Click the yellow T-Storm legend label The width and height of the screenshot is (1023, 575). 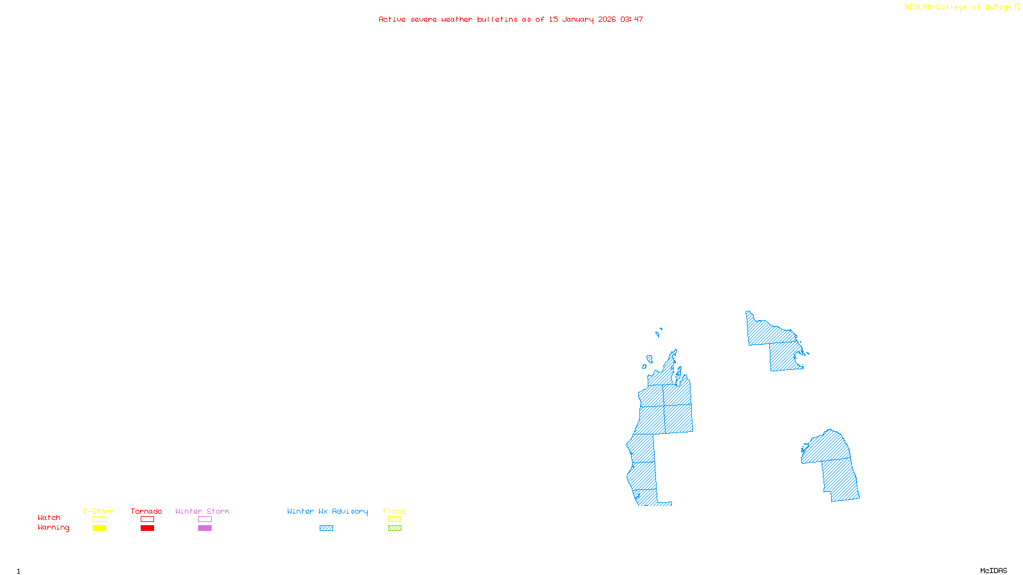[98, 511]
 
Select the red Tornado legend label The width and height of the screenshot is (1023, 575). [146, 511]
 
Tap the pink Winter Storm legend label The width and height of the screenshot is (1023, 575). [202, 511]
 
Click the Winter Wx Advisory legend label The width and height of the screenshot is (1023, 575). [327, 511]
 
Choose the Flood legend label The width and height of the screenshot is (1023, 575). [394, 511]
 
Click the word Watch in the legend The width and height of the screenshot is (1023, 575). [49, 517]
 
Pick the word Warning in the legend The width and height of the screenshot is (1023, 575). [53, 528]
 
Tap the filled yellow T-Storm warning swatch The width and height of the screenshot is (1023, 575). [99, 528]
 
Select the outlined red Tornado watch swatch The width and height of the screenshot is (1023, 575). [147, 519]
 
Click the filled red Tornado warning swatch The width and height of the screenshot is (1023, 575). [147, 528]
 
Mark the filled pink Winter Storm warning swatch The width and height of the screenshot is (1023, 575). [205, 528]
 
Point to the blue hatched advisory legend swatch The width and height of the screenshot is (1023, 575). [326, 528]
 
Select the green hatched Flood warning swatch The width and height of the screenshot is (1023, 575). [394, 528]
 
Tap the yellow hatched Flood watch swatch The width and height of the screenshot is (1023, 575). [394, 519]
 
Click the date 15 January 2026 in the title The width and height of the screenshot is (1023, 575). [582, 19]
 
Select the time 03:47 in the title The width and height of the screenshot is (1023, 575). [632, 19]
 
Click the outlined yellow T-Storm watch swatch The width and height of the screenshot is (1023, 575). [99, 519]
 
